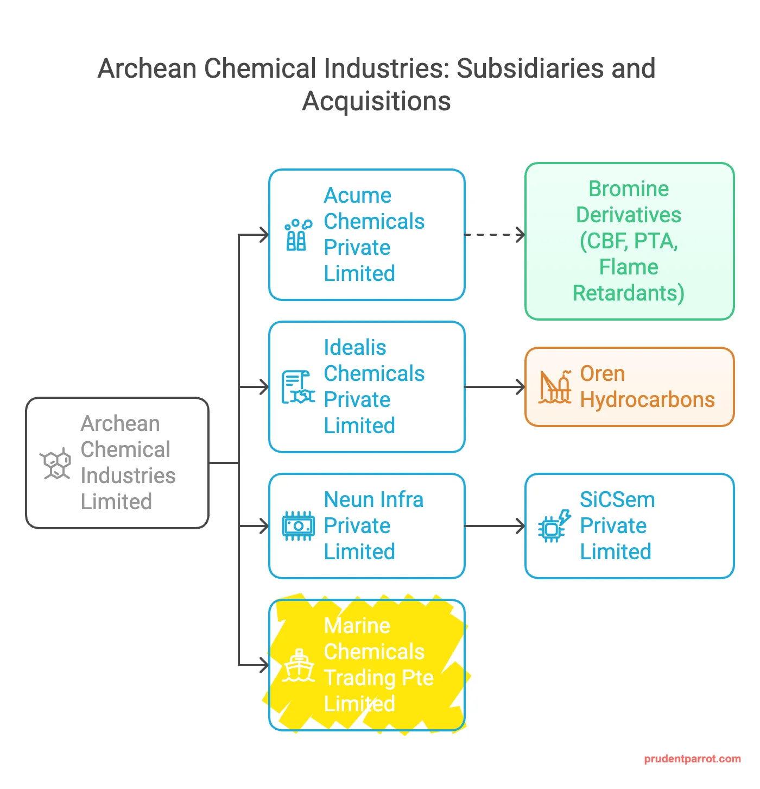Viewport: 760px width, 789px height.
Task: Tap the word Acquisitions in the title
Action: (376, 101)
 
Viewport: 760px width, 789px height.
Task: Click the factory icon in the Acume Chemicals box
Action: (299, 235)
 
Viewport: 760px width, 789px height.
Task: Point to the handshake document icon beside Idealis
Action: (298, 387)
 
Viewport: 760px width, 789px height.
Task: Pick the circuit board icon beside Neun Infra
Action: (298, 526)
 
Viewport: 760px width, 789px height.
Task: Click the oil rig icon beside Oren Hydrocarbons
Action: (555, 387)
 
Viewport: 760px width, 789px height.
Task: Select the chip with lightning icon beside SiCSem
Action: (555, 526)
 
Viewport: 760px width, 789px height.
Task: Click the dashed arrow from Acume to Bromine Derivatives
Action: (495, 235)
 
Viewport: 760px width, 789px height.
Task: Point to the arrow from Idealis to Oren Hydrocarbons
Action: (495, 387)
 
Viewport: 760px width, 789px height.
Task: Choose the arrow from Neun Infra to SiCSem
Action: (495, 526)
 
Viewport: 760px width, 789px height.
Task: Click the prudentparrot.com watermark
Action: (692, 759)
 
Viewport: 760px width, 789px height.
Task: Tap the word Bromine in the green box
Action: (629, 189)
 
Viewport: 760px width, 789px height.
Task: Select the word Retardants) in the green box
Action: (629, 293)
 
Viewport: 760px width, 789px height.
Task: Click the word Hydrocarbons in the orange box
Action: (648, 400)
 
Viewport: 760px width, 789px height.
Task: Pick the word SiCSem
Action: (617, 499)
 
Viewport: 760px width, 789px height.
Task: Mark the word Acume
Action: (357, 196)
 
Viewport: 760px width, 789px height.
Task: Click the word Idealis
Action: (355, 347)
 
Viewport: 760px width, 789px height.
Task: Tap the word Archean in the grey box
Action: (121, 424)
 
